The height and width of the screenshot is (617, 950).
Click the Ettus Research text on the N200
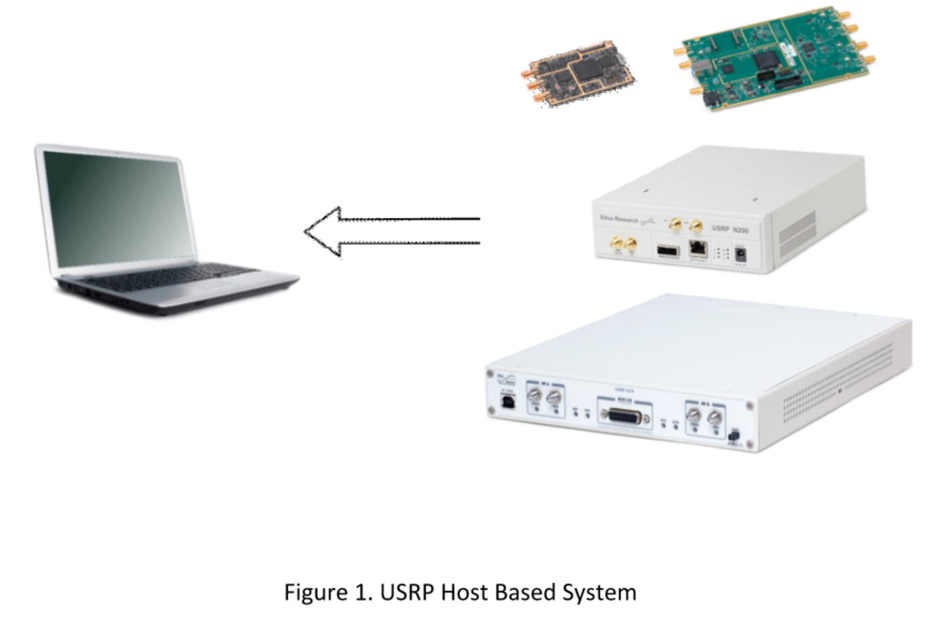click(619, 219)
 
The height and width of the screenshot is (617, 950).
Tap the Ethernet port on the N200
click(698, 249)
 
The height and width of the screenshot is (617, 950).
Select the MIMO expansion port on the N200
click(668, 250)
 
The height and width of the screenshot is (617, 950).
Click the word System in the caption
click(599, 593)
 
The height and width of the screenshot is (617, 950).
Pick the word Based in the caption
click(525, 593)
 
